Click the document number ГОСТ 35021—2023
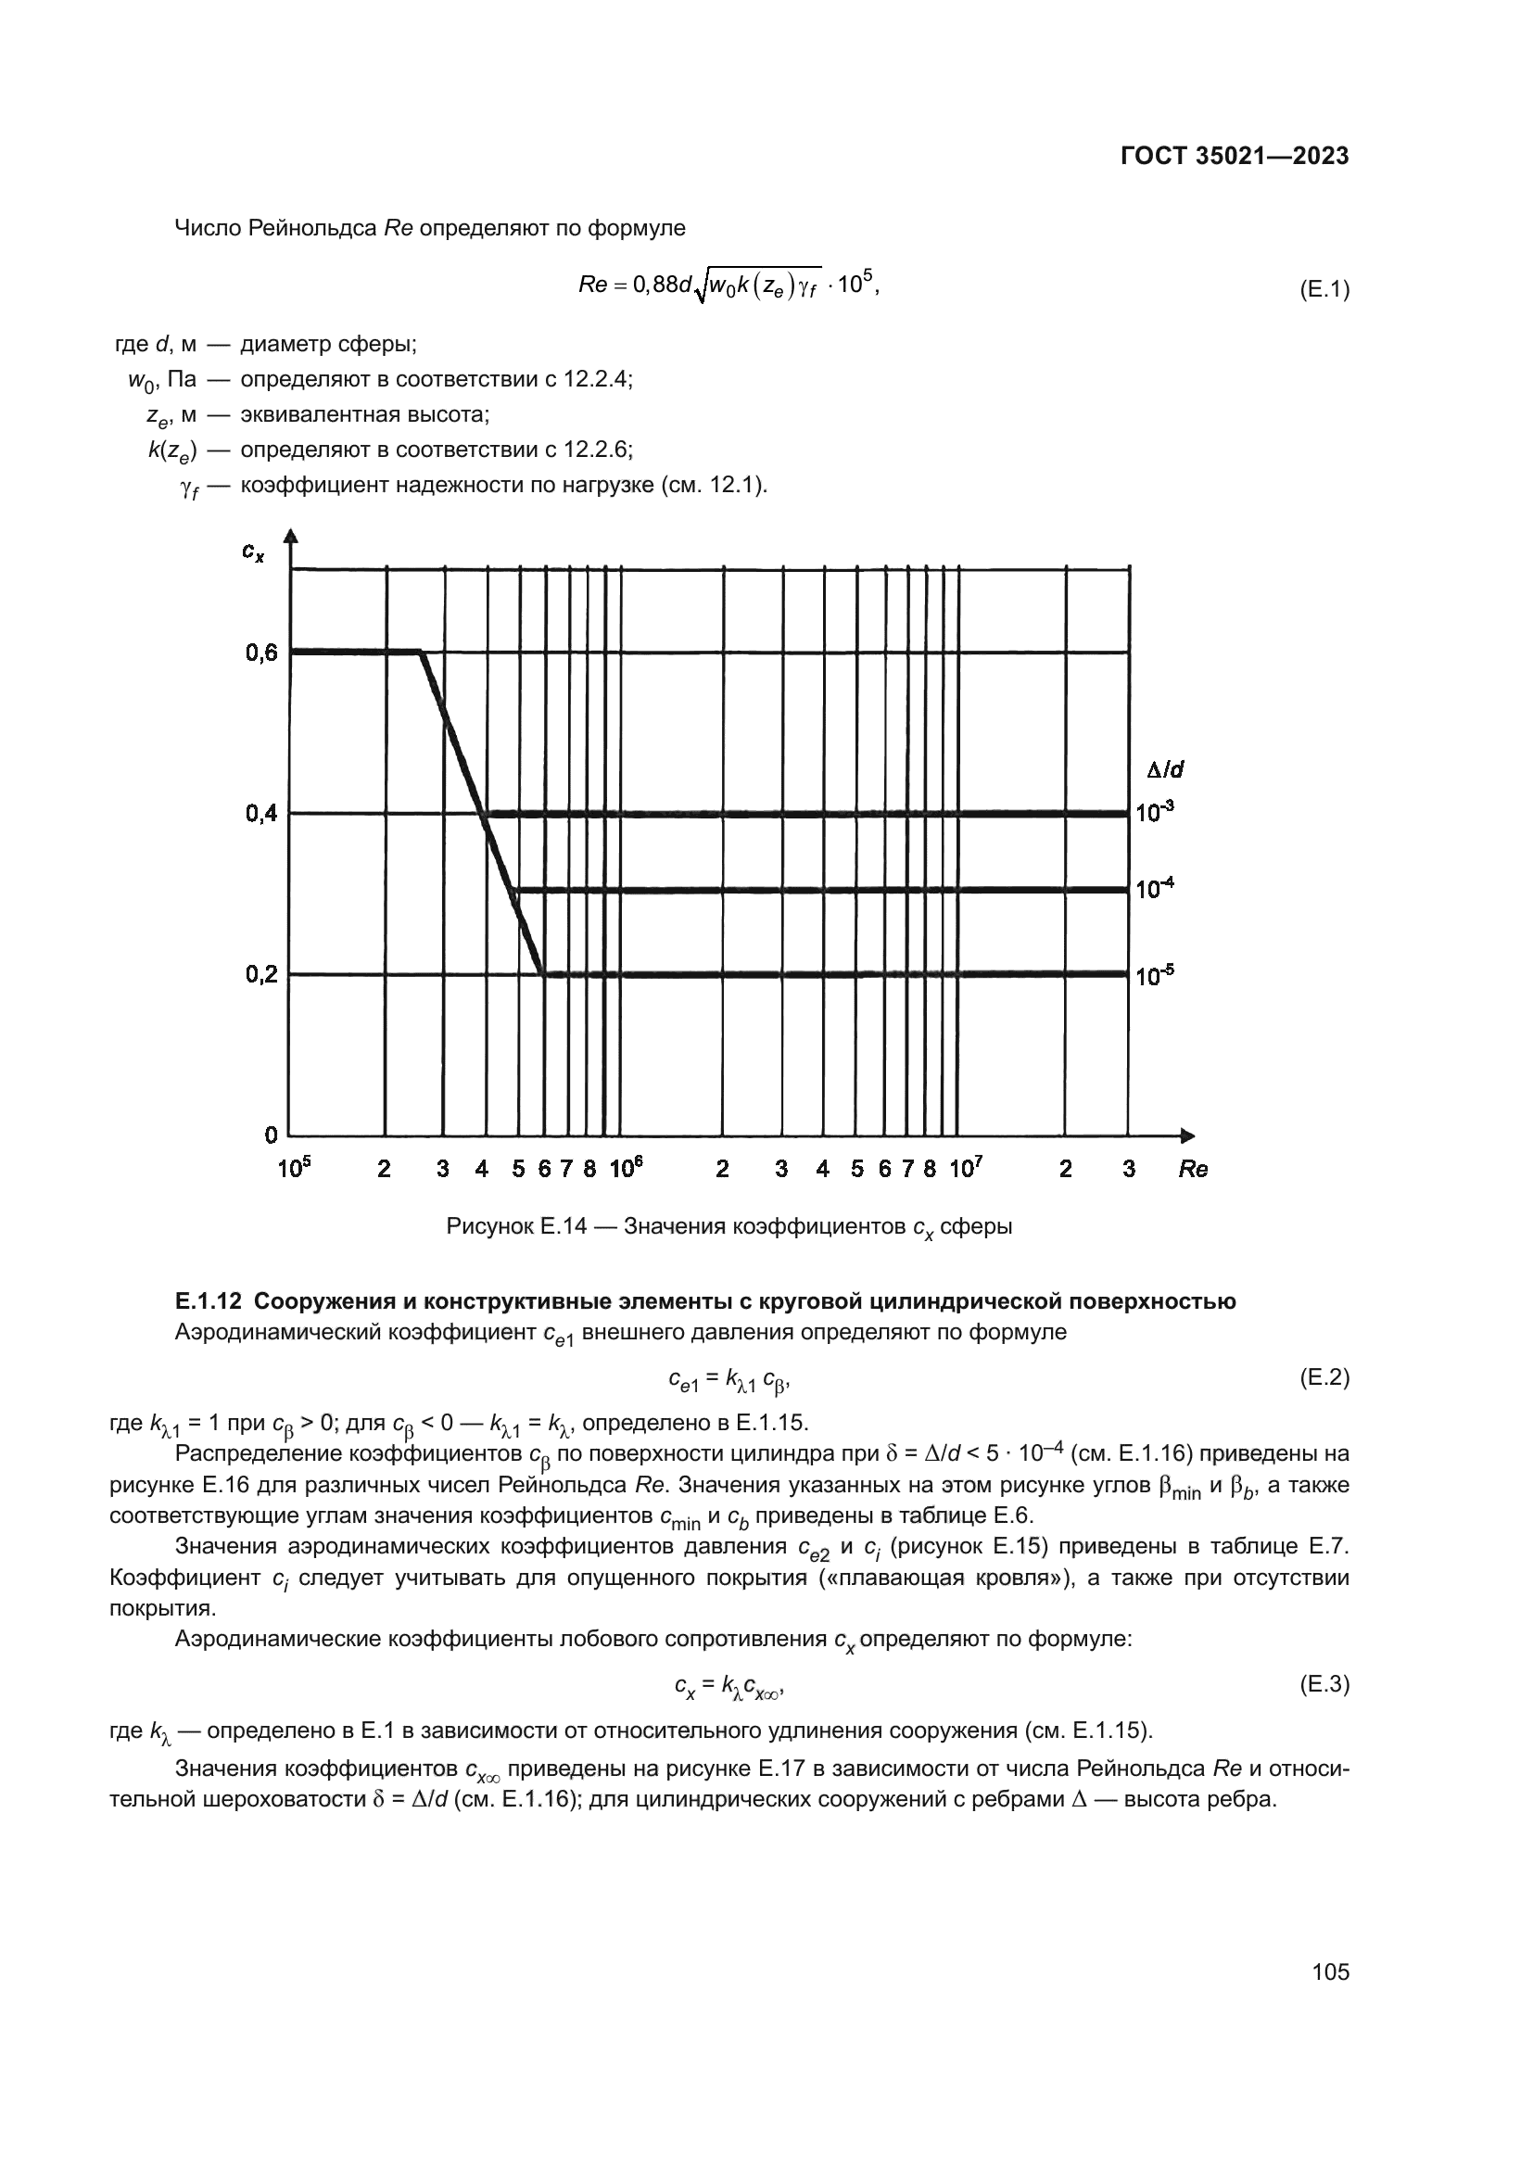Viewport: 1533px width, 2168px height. pos(1234,157)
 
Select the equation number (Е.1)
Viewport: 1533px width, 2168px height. pos(1324,290)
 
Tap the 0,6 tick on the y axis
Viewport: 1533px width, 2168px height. pos(261,653)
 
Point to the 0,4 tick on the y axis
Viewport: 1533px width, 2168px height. pos(261,813)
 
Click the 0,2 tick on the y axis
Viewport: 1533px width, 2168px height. pos(261,974)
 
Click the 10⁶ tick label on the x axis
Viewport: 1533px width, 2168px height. pos(626,1168)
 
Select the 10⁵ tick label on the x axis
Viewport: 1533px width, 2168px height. pos(295,1168)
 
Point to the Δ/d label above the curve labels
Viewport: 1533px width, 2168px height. pos(1165,769)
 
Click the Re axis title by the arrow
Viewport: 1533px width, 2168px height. pos(1193,1169)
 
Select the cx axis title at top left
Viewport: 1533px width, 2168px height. pos(253,552)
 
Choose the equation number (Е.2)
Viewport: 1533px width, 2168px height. pos(1324,1377)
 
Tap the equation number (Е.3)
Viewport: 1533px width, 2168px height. pos(1324,1682)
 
